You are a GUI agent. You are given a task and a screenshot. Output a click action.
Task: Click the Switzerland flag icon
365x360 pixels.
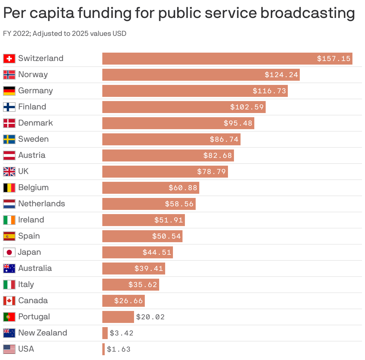click(x=9, y=59)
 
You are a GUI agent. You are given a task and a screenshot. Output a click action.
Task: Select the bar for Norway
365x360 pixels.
click(x=201, y=75)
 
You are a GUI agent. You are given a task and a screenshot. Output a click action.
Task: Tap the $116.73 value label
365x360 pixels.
click(x=269, y=91)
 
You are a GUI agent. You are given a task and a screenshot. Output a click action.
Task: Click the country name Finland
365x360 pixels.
click(x=32, y=107)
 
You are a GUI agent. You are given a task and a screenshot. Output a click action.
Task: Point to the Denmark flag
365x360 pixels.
click(x=9, y=123)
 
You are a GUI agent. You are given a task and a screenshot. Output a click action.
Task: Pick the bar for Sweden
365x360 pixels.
click(x=171, y=139)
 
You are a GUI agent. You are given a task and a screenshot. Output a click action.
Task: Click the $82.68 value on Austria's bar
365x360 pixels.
click(x=218, y=155)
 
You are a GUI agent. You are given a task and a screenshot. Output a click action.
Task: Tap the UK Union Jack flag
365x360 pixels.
click(x=9, y=172)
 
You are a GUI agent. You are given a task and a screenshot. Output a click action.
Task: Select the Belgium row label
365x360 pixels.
click(x=33, y=187)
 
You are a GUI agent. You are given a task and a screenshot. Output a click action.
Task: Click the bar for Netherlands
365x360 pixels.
click(x=149, y=204)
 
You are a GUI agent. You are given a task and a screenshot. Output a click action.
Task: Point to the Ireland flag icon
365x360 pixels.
click(x=9, y=220)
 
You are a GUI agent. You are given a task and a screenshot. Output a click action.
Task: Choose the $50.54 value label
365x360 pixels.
click(x=166, y=236)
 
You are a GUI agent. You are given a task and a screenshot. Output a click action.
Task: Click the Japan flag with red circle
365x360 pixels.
click(x=9, y=252)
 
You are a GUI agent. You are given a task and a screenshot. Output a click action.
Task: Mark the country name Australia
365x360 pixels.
click(x=35, y=268)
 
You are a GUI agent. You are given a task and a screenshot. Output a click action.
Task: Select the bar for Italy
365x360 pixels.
click(x=130, y=285)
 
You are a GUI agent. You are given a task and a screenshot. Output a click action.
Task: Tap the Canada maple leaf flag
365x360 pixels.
click(x=9, y=301)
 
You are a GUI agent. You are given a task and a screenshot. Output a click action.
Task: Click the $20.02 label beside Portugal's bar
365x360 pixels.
click(x=150, y=317)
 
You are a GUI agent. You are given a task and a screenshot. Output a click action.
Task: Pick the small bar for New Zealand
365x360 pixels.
click(x=105, y=333)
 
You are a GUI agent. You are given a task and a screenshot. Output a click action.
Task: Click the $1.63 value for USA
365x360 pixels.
click(x=119, y=349)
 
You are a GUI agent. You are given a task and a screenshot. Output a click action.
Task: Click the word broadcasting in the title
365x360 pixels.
click(x=308, y=13)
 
